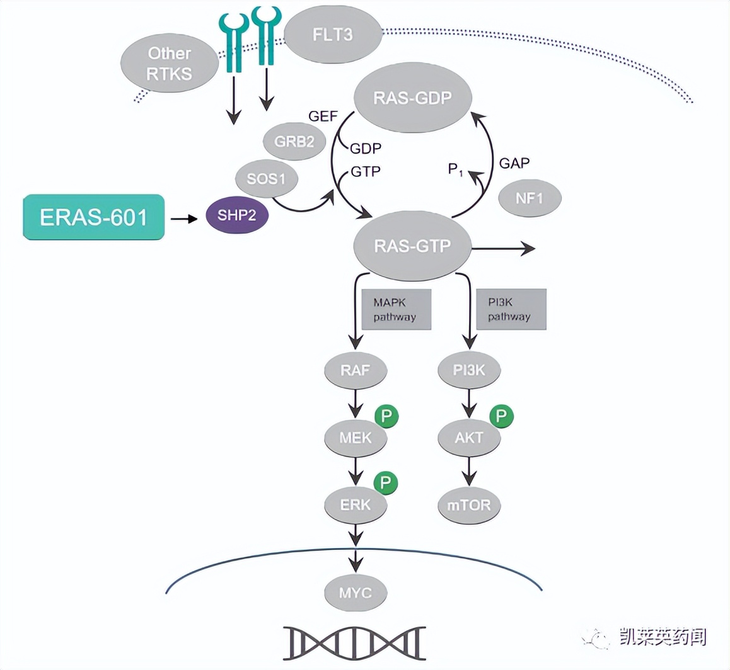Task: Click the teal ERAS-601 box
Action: (94, 217)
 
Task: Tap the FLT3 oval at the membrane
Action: (333, 35)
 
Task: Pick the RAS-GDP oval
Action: (413, 98)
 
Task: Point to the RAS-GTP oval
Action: (412, 246)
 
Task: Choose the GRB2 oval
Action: (294, 141)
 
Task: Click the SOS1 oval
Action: (267, 179)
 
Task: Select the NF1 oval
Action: (530, 198)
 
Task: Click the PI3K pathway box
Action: (510, 309)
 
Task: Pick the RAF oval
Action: (355, 370)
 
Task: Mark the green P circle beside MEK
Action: (386, 416)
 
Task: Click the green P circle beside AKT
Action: (501, 416)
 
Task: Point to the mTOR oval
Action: (469, 504)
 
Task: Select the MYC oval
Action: (356, 593)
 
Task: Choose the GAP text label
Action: (514, 163)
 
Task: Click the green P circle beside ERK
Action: (386, 483)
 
